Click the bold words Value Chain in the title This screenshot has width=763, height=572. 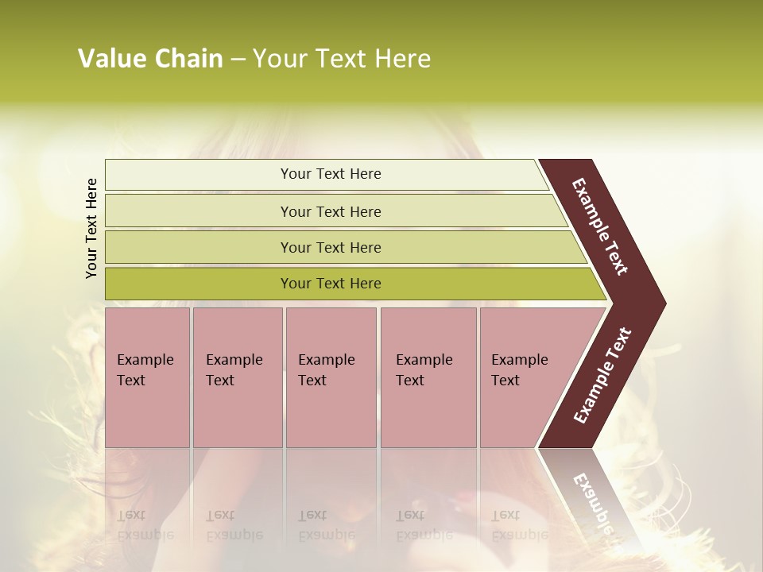[150, 59]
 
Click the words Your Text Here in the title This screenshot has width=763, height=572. [342, 59]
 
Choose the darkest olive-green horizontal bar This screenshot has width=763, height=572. [199, 284]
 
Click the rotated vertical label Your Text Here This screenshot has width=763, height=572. [91, 229]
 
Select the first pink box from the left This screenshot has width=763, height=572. [147, 377]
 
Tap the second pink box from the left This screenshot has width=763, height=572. [237, 377]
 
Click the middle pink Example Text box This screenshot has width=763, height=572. [331, 377]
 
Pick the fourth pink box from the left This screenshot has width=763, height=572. [428, 377]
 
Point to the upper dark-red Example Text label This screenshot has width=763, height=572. [600, 226]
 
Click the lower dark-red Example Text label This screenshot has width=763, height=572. [602, 375]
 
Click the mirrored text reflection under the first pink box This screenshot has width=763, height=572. [145, 525]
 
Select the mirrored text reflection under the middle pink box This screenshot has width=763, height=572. [326, 525]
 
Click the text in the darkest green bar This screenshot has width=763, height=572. [331, 284]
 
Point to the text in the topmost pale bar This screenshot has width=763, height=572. [331, 174]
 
